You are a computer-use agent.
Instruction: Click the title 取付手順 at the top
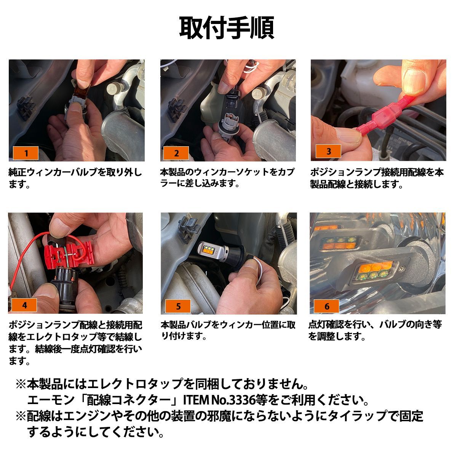pyautogui.click(x=227, y=28)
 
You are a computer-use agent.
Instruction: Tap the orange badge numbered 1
pyautogui.click(x=26, y=153)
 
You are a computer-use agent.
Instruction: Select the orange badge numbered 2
pyautogui.click(x=176, y=153)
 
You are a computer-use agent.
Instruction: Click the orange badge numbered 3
pyautogui.click(x=328, y=151)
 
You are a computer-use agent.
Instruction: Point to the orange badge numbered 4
pyautogui.click(x=24, y=305)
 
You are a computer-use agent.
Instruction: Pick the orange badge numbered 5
pyautogui.click(x=178, y=306)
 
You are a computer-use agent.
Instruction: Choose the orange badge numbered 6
pyautogui.click(x=326, y=306)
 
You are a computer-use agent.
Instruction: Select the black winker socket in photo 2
pyautogui.click(x=233, y=100)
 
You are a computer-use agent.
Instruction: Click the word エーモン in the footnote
pyautogui.click(x=51, y=400)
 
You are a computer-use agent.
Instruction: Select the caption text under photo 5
pyautogui.click(x=228, y=330)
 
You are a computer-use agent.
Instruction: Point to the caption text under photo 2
pyautogui.click(x=227, y=177)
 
